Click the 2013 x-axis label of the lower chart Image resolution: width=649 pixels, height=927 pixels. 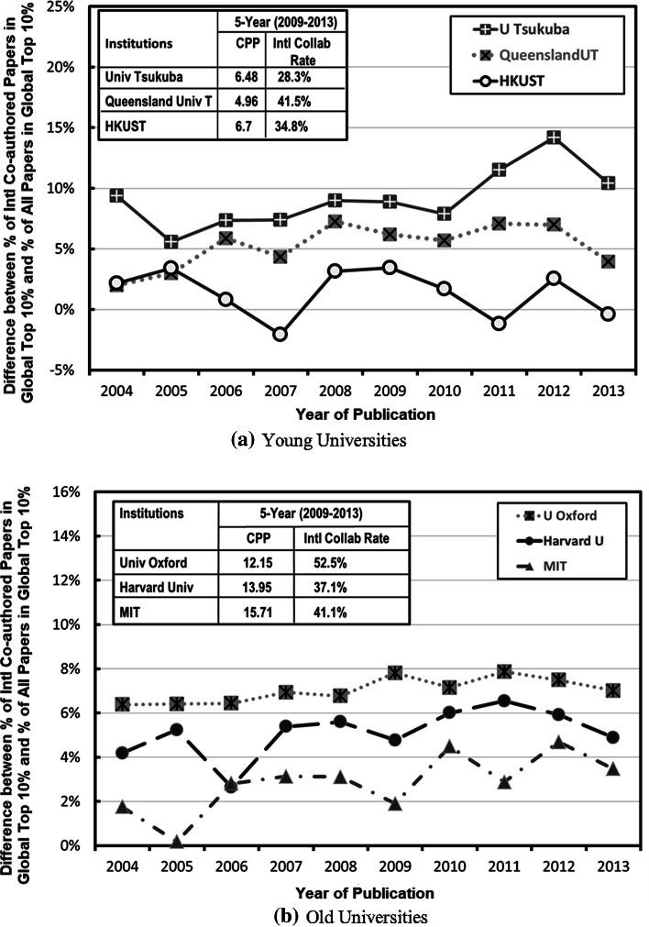pos(607,867)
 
